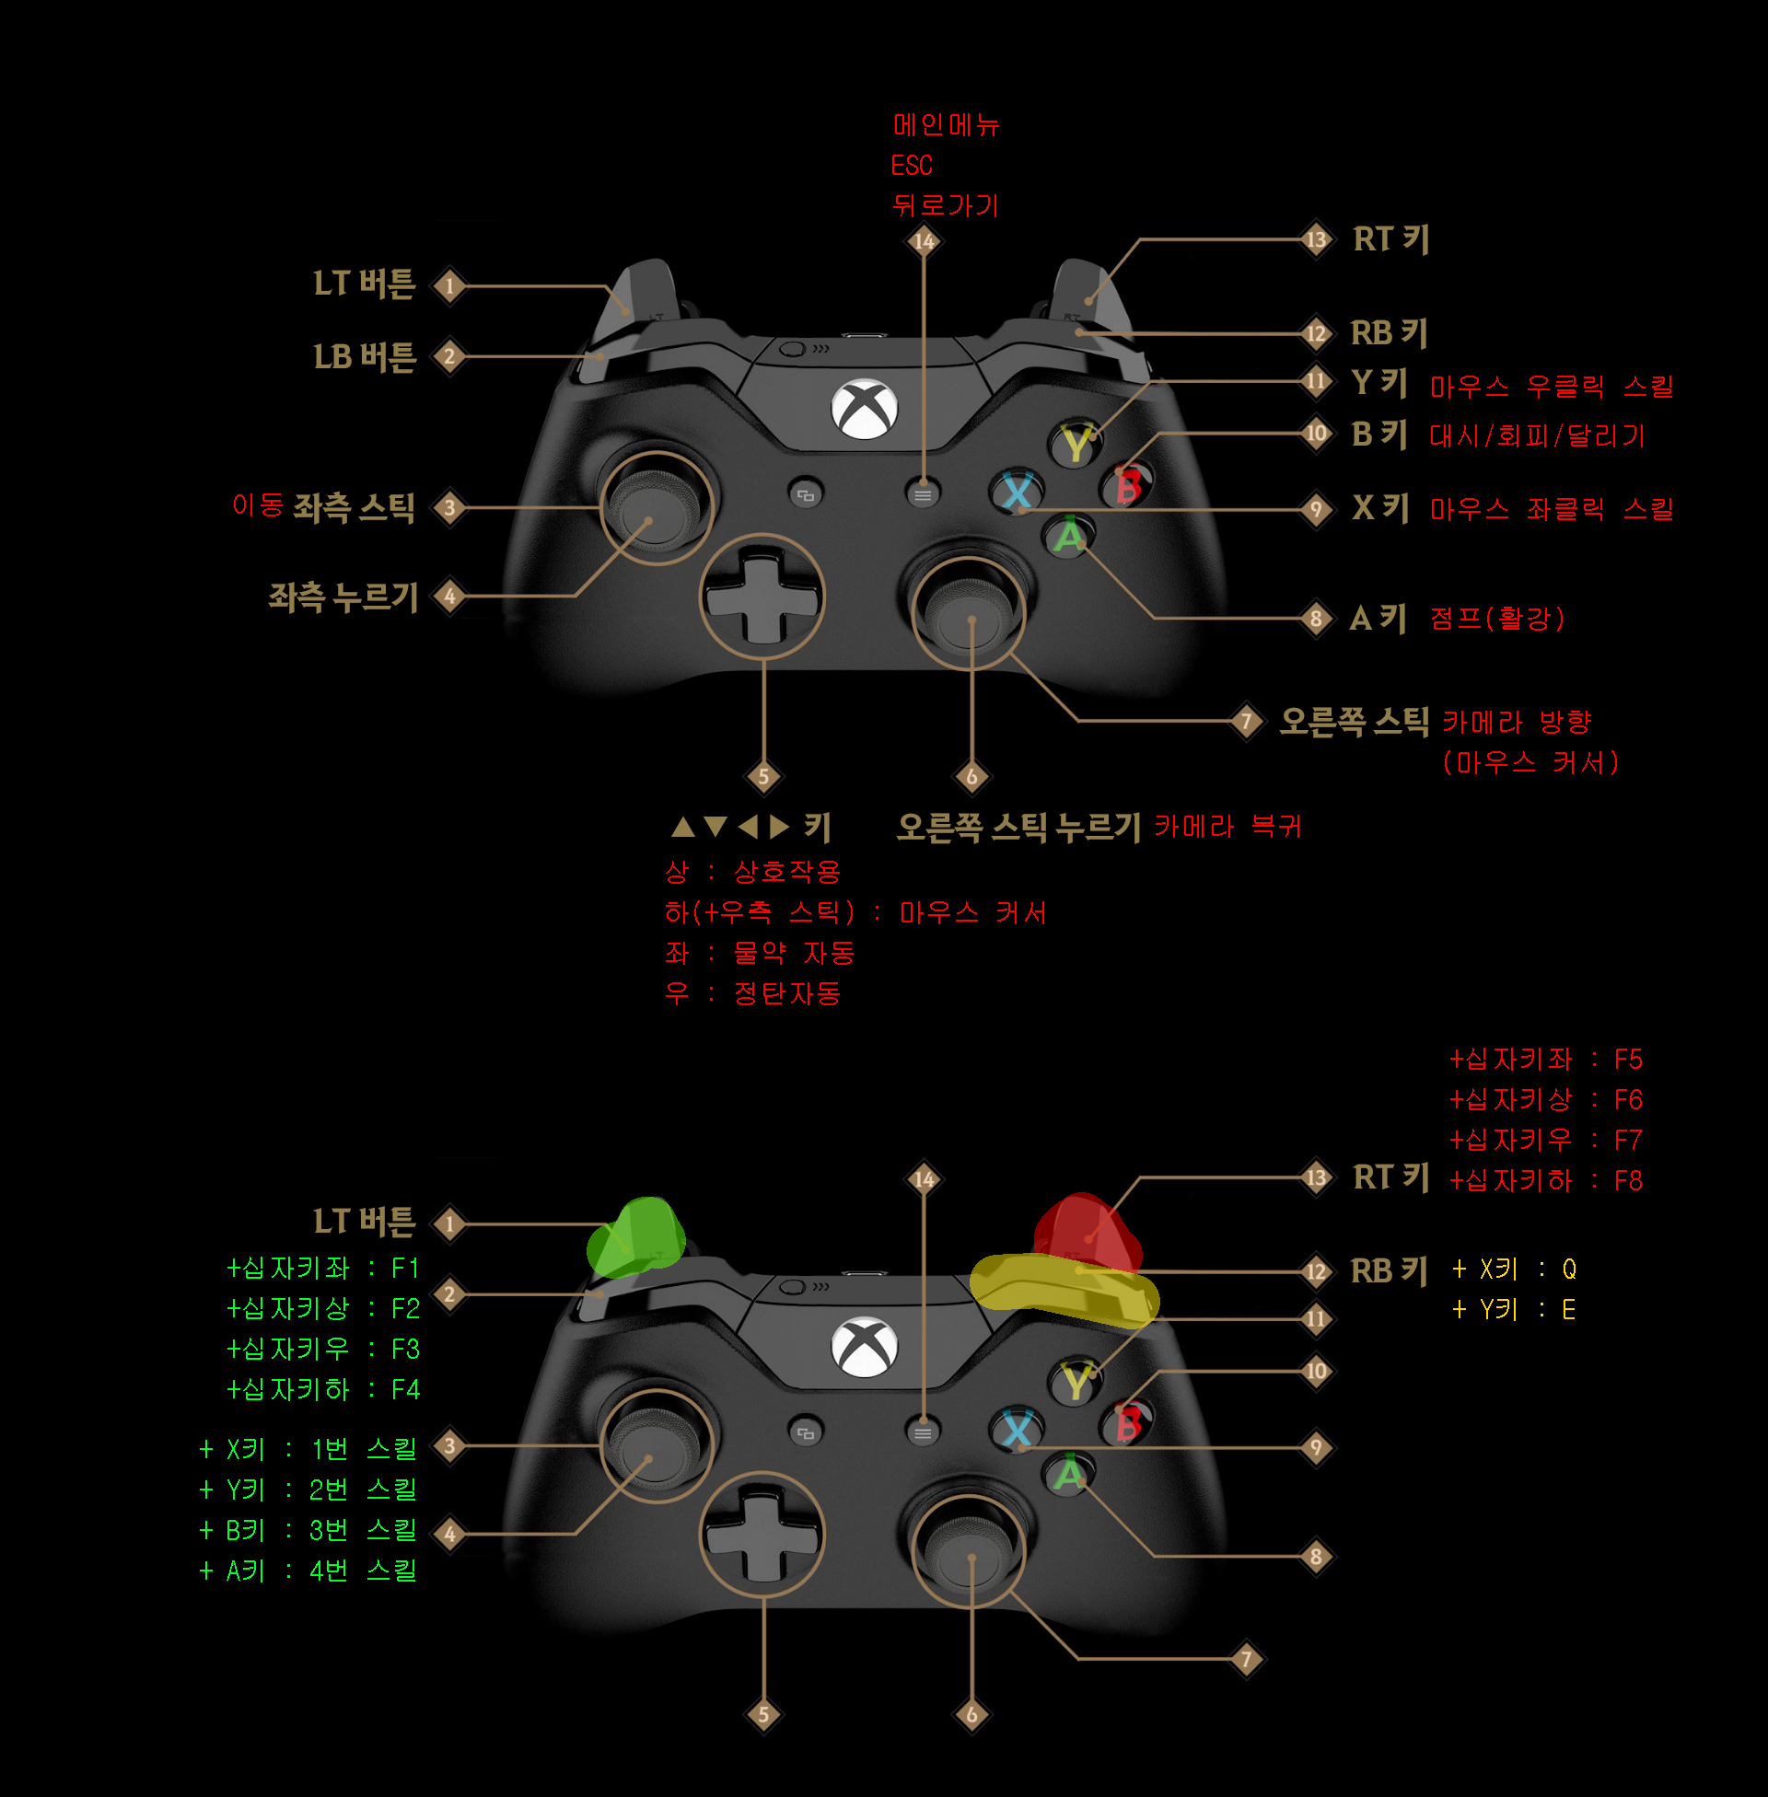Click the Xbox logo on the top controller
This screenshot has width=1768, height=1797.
(864, 409)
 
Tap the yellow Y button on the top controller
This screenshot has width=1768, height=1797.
(1076, 445)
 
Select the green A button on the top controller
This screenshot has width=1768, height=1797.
(1069, 536)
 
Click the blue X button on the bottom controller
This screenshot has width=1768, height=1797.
(1017, 1431)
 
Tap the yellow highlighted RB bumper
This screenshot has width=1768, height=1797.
(1064, 1285)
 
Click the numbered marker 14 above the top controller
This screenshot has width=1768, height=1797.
(923, 241)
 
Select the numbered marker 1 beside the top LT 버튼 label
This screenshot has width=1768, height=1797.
(449, 285)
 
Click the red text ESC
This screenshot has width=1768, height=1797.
(911, 165)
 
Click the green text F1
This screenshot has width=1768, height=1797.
(405, 1268)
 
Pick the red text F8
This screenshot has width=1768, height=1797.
(1628, 1181)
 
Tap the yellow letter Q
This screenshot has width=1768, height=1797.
(1569, 1269)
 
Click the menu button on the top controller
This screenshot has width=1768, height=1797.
(922, 494)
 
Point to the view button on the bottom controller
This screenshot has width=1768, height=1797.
(805, 1433)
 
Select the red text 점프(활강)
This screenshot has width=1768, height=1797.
(1497, 619)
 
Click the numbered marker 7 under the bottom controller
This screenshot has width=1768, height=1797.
(1246, 1659)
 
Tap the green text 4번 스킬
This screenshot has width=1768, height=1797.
(363, 1571)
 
